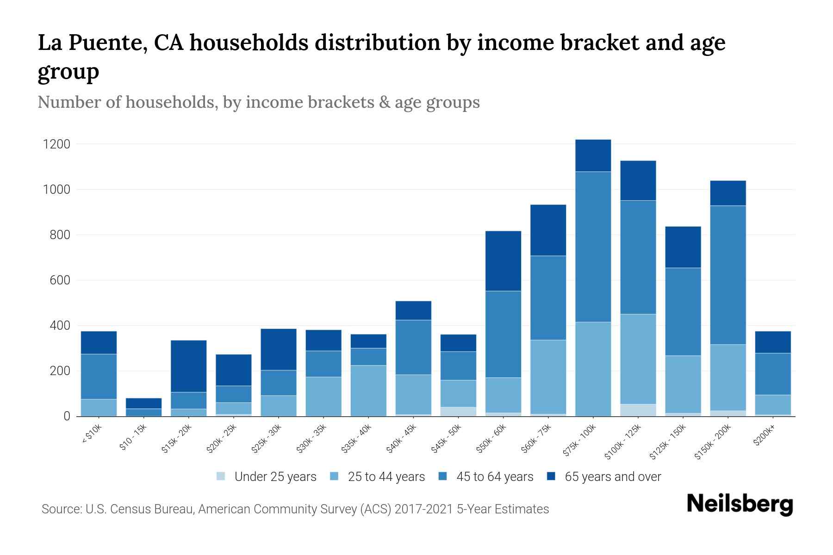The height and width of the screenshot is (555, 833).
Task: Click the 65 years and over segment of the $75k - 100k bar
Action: [x=593, y=155]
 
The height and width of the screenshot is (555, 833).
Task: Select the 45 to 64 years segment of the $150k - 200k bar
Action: [x=728, y=275]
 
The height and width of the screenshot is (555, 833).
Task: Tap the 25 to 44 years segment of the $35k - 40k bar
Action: [x=368, y=391]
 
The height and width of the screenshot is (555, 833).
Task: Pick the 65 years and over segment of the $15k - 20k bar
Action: [x=188, y=366]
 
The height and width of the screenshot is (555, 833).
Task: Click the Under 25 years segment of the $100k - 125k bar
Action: [x=638, y=410]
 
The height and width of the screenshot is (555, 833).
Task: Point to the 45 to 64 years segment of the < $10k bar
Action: [x=99, y=376]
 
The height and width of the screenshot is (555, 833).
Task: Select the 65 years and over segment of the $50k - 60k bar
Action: [x=503, y=261]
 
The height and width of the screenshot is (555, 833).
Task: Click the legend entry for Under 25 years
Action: [x=267, y=477]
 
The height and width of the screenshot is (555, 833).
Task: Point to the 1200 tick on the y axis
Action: [x=57, y=144]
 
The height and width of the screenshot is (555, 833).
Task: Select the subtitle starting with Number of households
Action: [x=258, y=102]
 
